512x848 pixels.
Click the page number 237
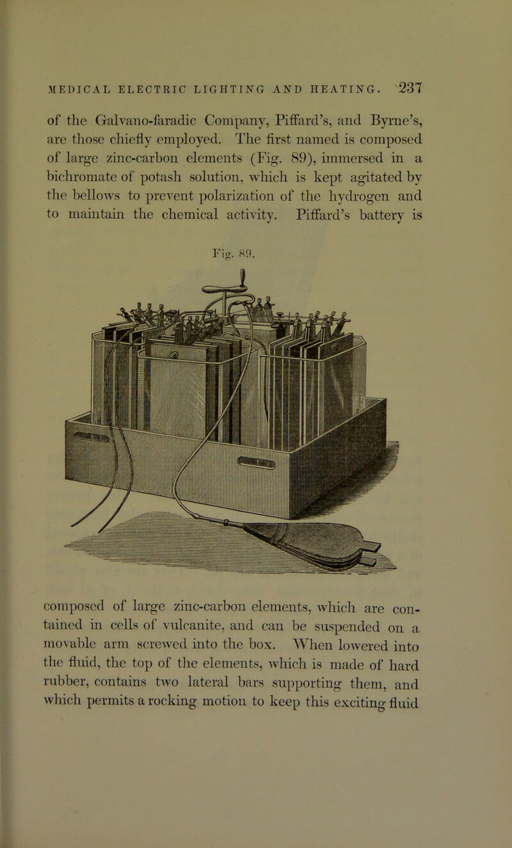point(405,88)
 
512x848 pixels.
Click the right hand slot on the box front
point(257,462)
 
